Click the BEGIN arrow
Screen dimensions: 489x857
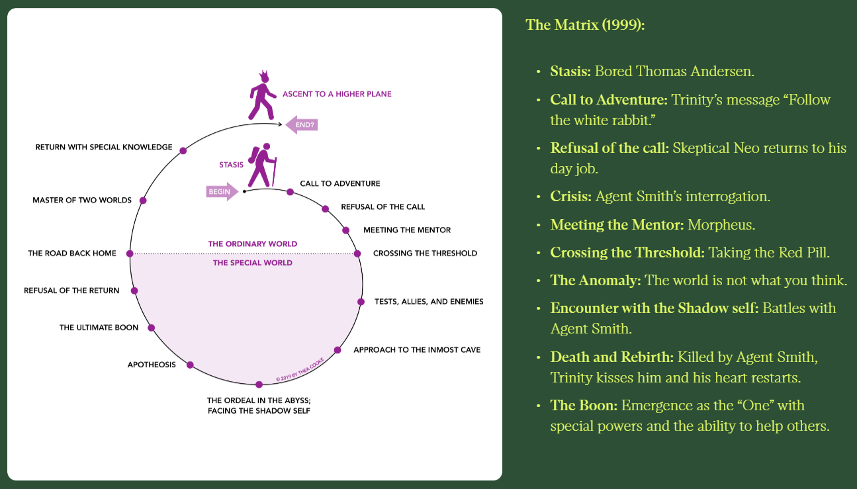(x=222, y=191)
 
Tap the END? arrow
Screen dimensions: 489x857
(x=302, y=124)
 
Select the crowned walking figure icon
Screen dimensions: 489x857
(x=263, y=95)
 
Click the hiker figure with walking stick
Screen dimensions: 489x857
(x=262, y=165)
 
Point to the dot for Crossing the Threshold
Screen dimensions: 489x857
(x=357, y=253)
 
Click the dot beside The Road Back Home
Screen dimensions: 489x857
(x=130, y=253)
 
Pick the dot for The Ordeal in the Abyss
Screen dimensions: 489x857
(x=259, y=384)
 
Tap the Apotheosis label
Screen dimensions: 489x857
(x=152, y=365)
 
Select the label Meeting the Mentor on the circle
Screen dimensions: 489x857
(x=407, y=230)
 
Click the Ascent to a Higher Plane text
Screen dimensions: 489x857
(x=337, y=94)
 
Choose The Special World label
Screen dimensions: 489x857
(x=252, y=263)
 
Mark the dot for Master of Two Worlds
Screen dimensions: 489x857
(x=143, y=200)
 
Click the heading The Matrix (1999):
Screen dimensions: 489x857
(x=585, y=25)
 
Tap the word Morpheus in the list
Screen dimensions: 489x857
(x=721, y=224)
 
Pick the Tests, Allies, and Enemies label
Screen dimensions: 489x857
(x=429, y=302)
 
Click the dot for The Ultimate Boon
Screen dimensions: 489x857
(x=152, y=328)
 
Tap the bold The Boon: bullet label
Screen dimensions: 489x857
(x=583, y=405)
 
